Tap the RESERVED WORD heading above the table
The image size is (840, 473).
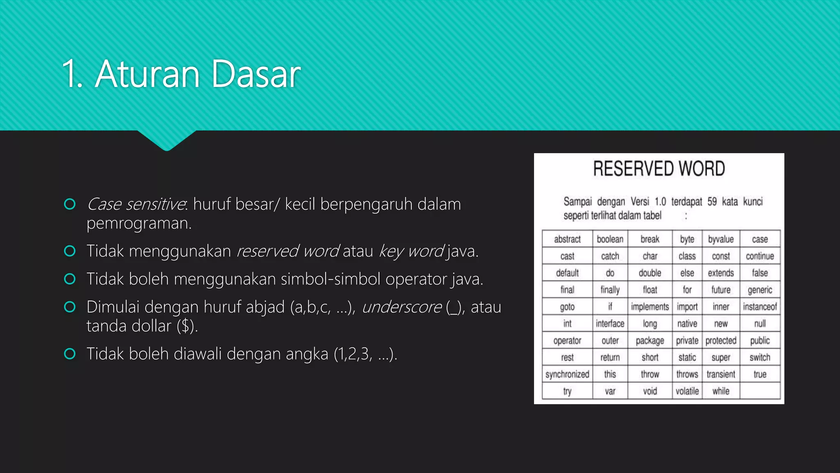coord(659,169)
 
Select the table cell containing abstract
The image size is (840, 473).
coord(567,239)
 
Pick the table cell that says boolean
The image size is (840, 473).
coord(610,239)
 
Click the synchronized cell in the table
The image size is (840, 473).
coord(567,374)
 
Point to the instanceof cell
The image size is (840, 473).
coord(760,307)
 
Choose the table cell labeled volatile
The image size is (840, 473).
coord(687,391)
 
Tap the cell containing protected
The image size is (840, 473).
coord(721,340)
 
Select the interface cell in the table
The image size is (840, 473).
coord(610,324)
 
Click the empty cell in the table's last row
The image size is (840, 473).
coord(760,391)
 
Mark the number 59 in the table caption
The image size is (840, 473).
coord(712,202)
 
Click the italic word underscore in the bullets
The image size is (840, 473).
coord(402,307)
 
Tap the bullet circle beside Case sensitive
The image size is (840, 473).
coord(70,204)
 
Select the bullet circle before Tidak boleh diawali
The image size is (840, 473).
coord(70,354)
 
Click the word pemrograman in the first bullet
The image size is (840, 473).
coord(139,223)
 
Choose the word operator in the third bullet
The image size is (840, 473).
coord(416,279)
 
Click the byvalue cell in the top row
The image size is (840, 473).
coord(721,239)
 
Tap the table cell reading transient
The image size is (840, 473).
coord(721,374)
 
